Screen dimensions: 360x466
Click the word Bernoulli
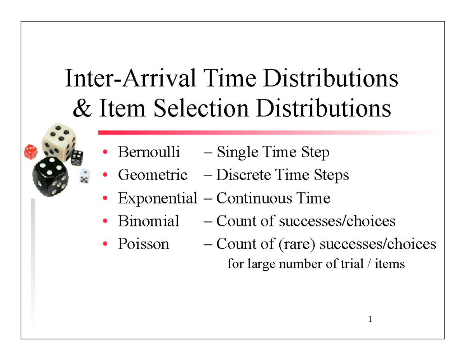pyautogui.click(x=149, y=152)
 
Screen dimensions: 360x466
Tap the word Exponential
pyautogui.click(x=157, y=198)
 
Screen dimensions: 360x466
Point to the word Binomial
pyautogui.click(x=148, y=221)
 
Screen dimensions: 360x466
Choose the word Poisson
pyautogui.click(x=143, y=244)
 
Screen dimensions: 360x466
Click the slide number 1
pyautogui.click(x=370, y=320)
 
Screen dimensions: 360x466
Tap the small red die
pyautogui.click(x=30, y=152)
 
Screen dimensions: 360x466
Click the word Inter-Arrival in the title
pyautogui.click(x=129, y=78)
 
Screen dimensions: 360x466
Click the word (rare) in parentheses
pyautogui.click(x=296, y=244)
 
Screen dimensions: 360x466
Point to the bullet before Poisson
pyautogui.click(x=105, y=245)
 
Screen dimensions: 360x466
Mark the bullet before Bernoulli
pyautogui.click(x=105, y=153)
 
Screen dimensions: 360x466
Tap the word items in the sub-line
pyautogui.click(x=392, y=264)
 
